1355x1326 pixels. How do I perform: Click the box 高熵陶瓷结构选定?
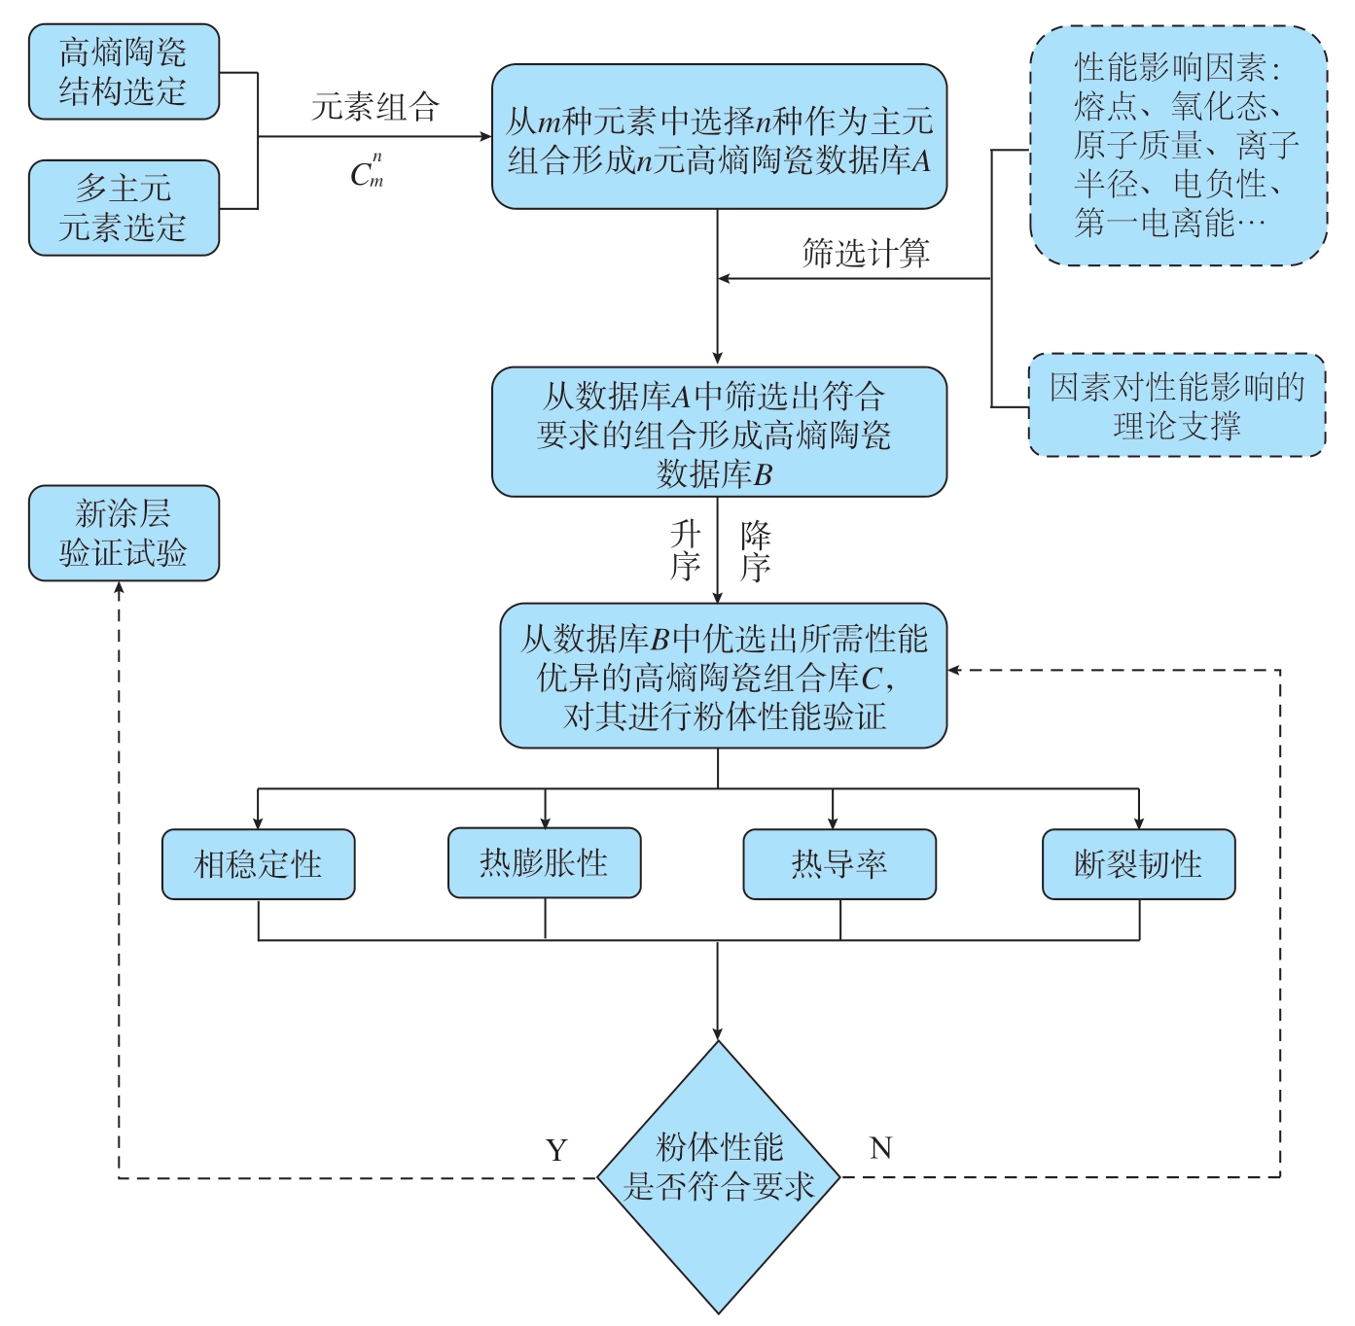(124, 72)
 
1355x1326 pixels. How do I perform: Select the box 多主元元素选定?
(124, 208)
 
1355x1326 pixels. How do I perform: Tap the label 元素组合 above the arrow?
(375, 107)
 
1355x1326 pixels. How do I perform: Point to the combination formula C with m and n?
(367, 171)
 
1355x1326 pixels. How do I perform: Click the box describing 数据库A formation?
(719, 136)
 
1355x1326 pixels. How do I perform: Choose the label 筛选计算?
(866, 253)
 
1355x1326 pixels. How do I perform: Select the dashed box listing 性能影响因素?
(1179, 146)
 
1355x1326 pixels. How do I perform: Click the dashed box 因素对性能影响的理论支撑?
(1177, 405)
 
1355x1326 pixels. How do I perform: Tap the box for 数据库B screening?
(719, 432)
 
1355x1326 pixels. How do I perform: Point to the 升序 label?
(685, 550)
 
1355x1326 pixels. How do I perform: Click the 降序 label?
(756, 550)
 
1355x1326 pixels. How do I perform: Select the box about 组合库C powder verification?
(723, 676)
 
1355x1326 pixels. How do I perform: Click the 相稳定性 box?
(258, 864)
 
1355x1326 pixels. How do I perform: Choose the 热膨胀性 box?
(545, 862)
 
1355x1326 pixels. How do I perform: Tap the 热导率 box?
(839, 864)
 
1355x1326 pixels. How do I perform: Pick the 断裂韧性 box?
(1138, 864)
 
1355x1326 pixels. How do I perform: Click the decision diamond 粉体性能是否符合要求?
(718, 1177)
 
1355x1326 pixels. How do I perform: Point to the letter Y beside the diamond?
(556, 1150)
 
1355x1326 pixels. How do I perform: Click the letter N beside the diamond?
(880, 1147)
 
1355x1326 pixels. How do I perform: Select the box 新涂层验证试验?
(124, 533)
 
